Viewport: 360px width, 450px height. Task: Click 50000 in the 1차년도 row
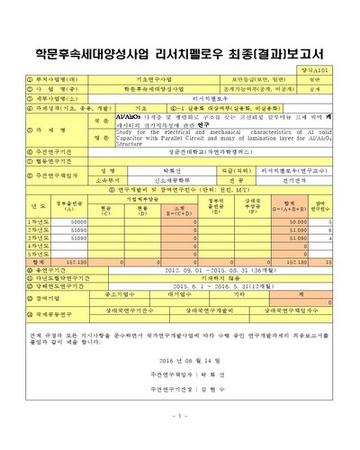(x=78, y=221)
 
